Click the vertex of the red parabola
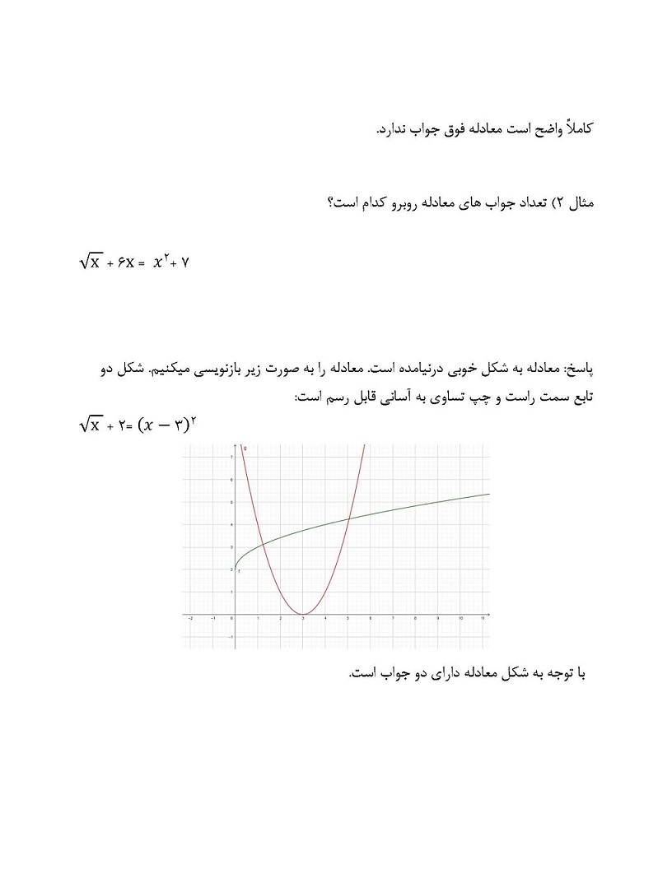304,614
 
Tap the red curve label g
245,448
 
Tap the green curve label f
239,570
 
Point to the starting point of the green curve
234,569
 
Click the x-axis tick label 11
483,620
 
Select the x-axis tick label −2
190,620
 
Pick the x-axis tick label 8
417,620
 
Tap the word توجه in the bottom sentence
555,674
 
